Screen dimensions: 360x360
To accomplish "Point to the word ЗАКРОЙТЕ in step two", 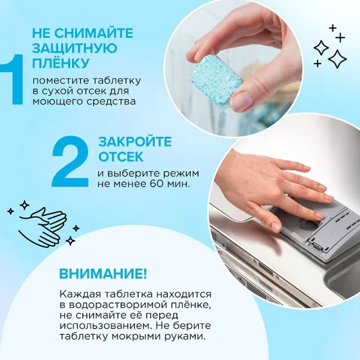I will pos(134,142).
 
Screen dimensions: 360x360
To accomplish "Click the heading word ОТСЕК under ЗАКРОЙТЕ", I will pos(121,157).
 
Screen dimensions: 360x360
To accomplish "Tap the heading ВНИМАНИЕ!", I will pos(103,274).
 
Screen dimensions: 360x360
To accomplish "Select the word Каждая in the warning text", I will pos(76,294).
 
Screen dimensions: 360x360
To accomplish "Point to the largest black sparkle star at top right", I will pos(337,58).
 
